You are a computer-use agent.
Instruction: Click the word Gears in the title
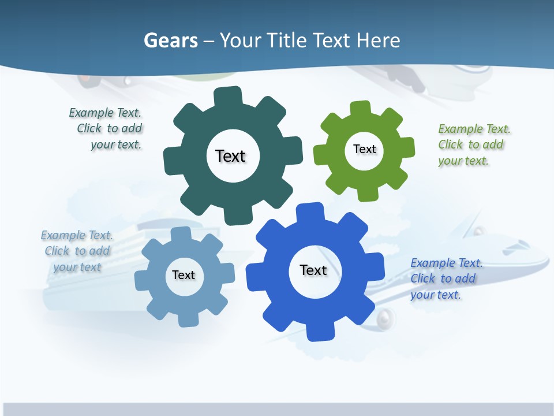click(x=170, y=40)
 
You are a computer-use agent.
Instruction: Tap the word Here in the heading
click(x=377, y=40)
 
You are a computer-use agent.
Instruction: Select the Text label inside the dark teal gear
click(x=230, y=156)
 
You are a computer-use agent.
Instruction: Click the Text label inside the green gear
click(x=364, y=149)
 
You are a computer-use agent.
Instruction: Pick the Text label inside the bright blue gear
click(x=313, y=270)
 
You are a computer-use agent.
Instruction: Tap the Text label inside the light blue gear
click(x=184, y=275)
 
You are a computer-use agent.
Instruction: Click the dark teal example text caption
click(x=107, y=129)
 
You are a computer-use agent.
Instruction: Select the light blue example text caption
click(x=77, y=251)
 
